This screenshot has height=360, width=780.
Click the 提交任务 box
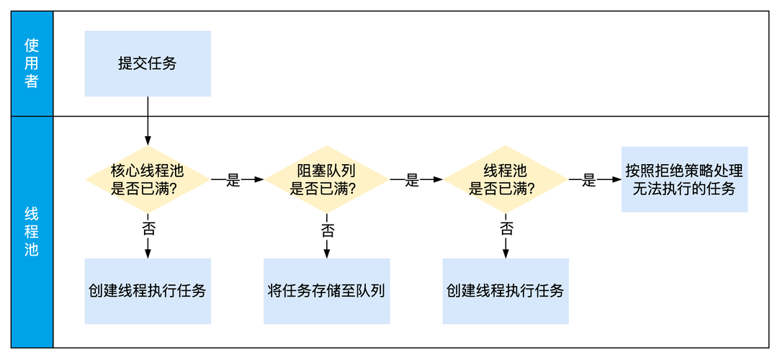pyautogui.click(x=148, y=63)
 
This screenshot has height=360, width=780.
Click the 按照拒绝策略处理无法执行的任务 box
pyautogui.click(x=684, y=180)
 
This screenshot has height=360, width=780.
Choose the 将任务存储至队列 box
pyautogui.click(x=326, y=291)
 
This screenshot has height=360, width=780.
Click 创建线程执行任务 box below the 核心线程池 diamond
pyautogui.click(x=148, y=291)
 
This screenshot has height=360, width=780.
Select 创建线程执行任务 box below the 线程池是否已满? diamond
pyautogui.click(x=505, y=291)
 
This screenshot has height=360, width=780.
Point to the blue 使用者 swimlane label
pyautogui.click(x=32, y=63)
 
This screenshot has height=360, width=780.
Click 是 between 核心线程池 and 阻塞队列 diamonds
pyautogui.click(x=233, y=180)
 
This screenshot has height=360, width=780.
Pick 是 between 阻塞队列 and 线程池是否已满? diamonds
pyautogui.click(x=412, y=180)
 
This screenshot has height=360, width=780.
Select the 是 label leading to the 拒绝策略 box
pyautogui.click(x=589, y=180)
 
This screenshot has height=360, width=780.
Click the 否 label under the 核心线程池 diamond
pyautogui.click(x=148, y=230)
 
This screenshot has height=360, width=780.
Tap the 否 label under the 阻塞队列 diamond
pyautogui.click(x=327, y=230)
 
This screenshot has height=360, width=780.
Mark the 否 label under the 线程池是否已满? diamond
pyautogui.click(x=506, y=230)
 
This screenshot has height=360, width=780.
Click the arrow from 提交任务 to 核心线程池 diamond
pyautogui.click(x=148, y=119)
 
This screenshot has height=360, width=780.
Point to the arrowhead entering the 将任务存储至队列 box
pyautogui.click(x=326, y=253)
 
